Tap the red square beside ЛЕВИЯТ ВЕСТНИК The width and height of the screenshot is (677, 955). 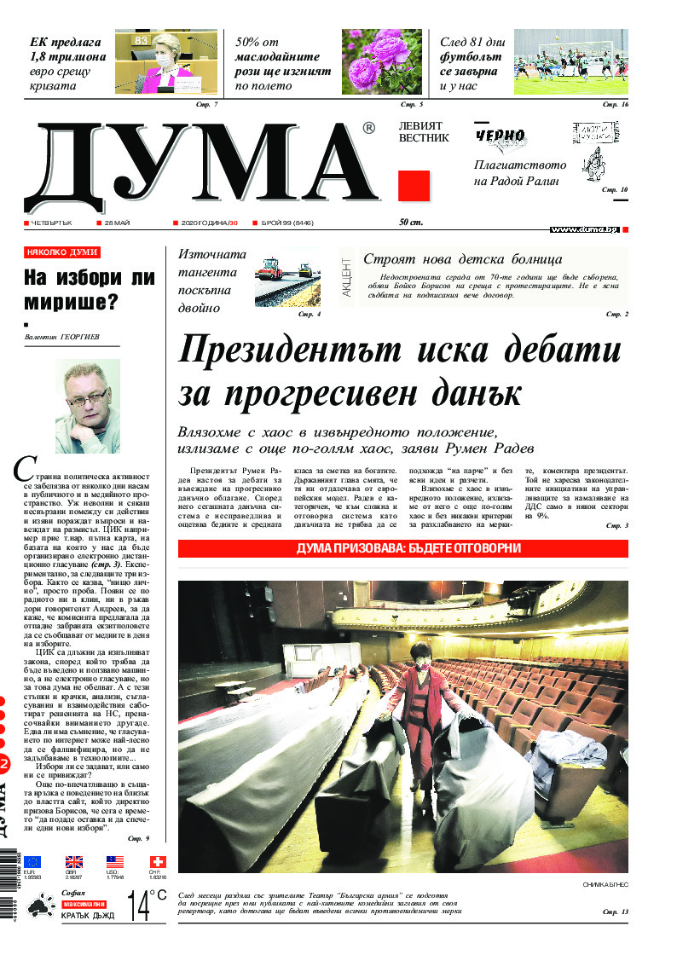[414, 186]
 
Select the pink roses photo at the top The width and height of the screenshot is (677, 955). [375, 62]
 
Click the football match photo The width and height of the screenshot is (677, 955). [570, 62]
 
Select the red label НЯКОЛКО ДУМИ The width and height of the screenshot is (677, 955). [61, 252]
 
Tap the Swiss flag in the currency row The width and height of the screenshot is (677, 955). [157, 862]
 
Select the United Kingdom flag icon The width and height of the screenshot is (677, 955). [74, 862]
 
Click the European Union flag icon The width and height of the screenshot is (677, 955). [32, 862]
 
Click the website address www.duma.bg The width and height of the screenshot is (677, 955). [584, 230]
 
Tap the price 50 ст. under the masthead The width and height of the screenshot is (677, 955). [412, 223]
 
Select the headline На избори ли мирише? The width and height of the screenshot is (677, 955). [89, 289]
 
